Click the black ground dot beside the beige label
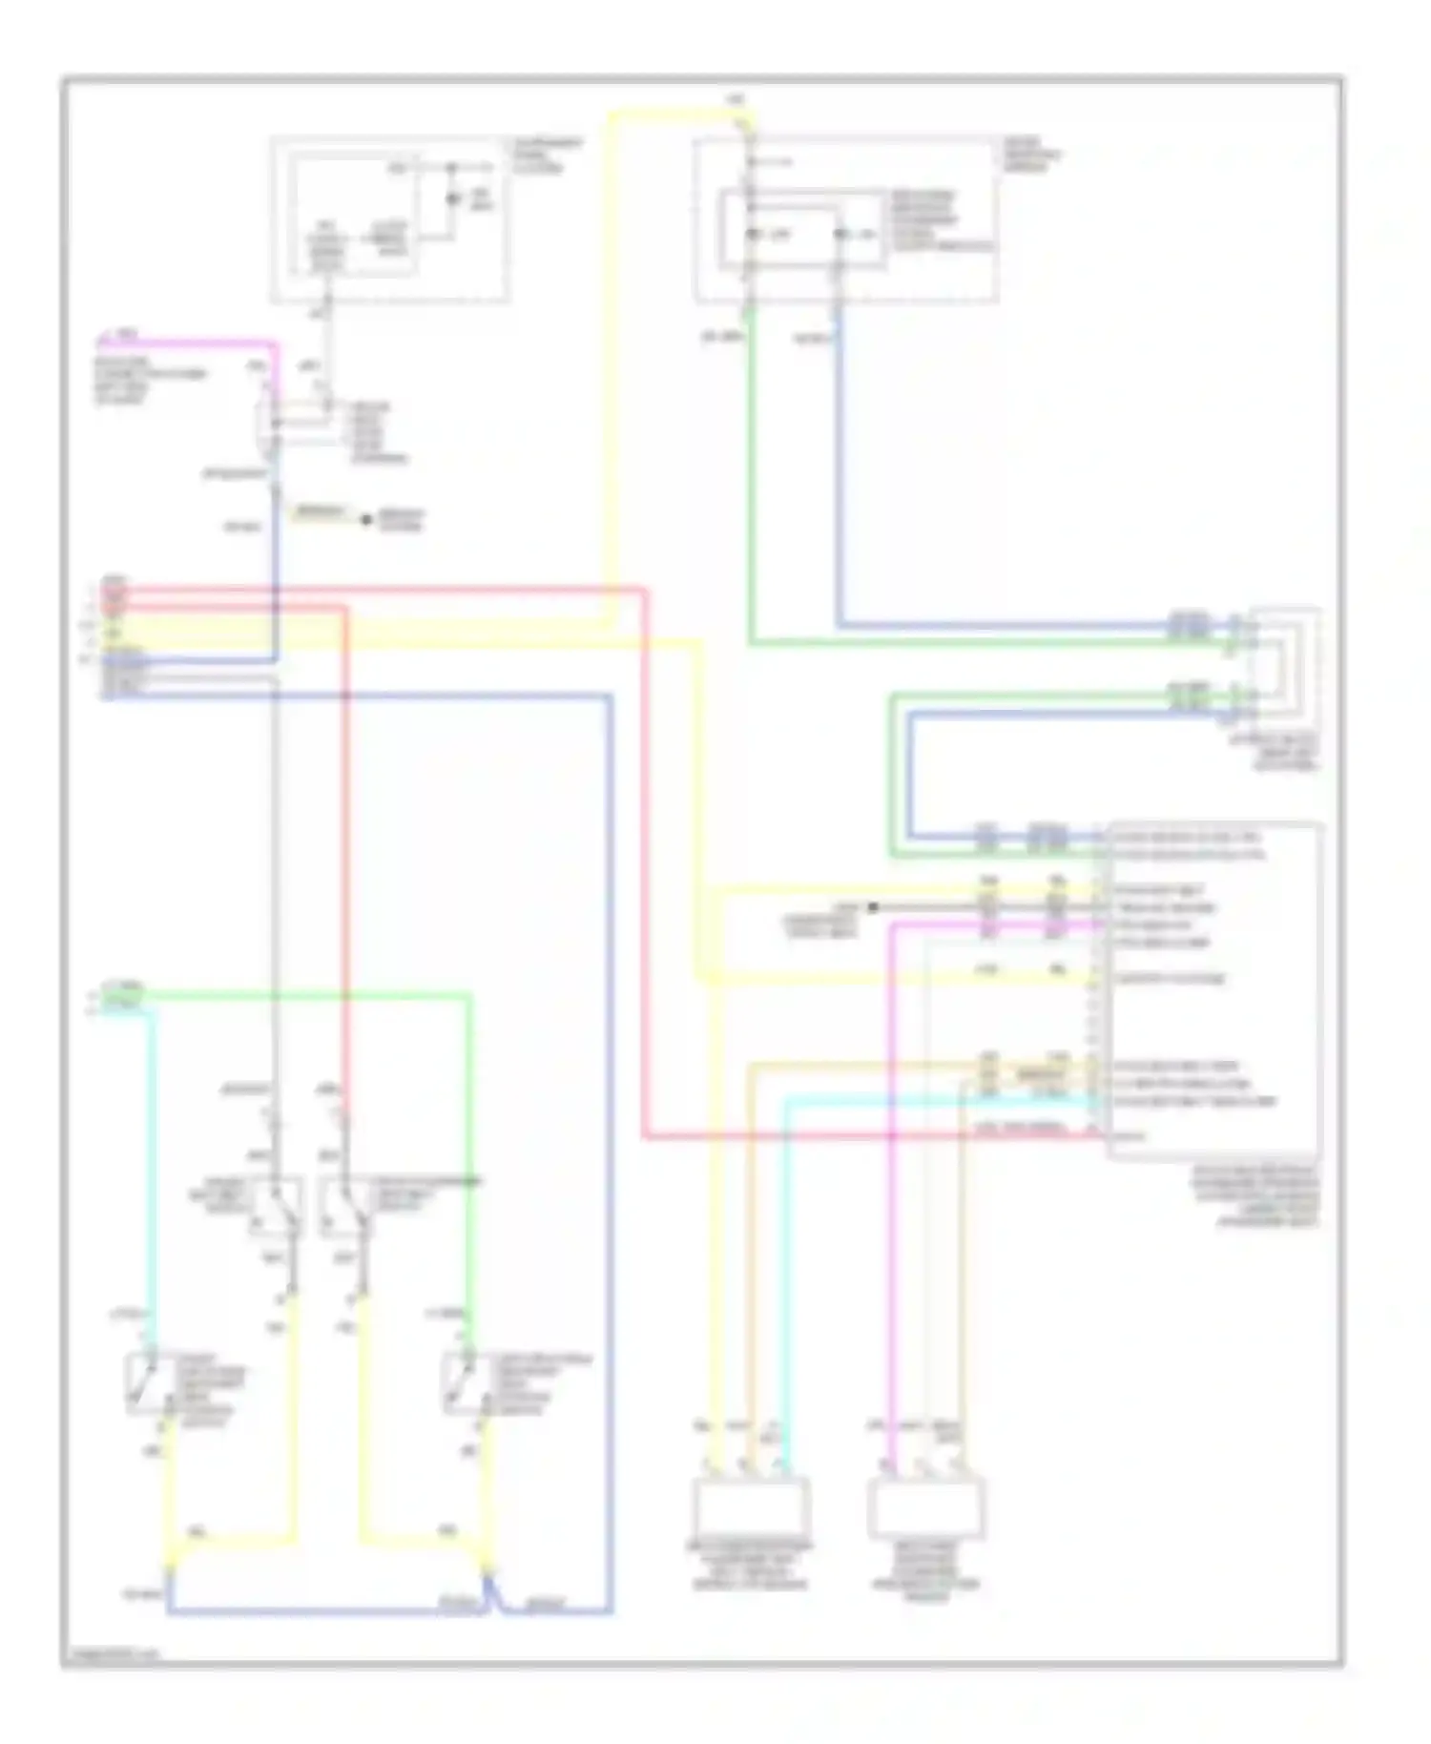pos(365,519)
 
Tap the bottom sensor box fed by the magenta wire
pos(925,1507)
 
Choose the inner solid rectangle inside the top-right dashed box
pos(801,229)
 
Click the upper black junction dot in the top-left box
pos(451,169)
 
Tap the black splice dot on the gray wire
pos(872,907)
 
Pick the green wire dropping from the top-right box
pos(751,477)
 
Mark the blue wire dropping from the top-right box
pos(839,477)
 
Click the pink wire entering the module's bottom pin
pos(859,1137)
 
